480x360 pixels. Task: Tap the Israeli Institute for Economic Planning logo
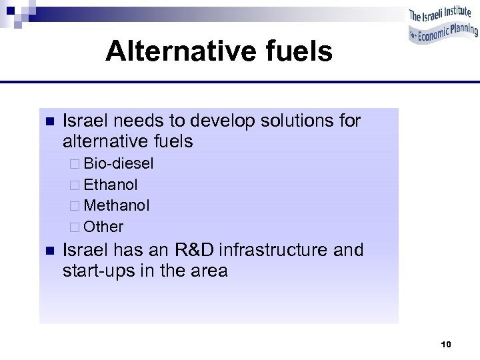(x=443, y=25)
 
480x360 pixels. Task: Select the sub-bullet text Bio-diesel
(x=119, y=163)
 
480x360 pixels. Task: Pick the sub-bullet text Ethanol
(x=111, y=185)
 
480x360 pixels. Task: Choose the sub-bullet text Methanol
(x=117, y=205)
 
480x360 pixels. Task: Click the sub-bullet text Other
(x=104, y=227)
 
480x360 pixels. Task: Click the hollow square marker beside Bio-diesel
(x=75, y=164)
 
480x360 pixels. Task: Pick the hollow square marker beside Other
(x=75, y=227)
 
